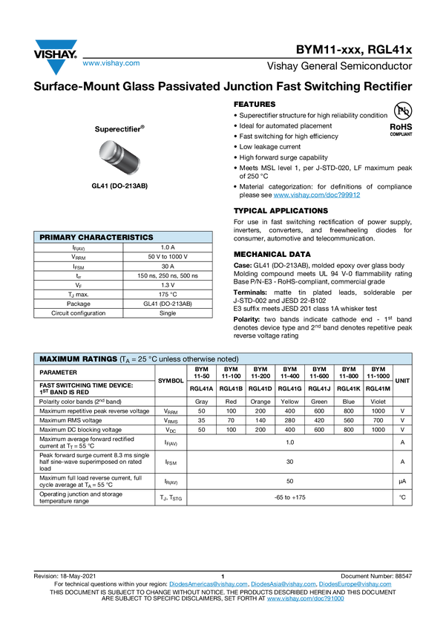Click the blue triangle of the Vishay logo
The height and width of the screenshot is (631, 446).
click(56, 66)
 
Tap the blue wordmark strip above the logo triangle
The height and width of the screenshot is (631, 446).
click(56, 45)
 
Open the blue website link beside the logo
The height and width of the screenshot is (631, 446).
click(111, 64)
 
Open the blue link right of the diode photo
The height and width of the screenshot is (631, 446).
click(317, 195)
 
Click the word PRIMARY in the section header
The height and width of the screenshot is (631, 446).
click(57, 238)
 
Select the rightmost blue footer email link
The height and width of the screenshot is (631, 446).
click(355, 584)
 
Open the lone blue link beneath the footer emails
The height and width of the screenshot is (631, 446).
click(305, 598)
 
